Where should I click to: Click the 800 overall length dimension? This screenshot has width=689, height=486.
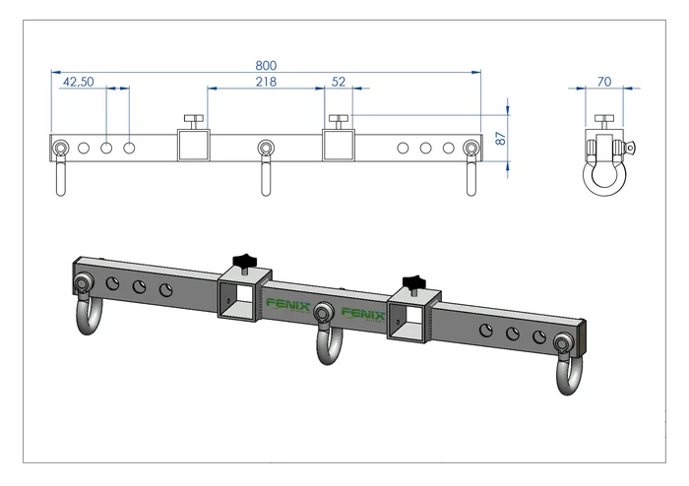[x=265, y=64]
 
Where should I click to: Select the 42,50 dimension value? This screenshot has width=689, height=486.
[x=78, y=83]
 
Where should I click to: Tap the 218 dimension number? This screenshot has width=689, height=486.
[x=265, y=83]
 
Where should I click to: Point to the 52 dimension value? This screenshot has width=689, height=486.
[x=339, y=83]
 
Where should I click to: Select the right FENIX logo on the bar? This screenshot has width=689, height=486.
[x=363, y=314]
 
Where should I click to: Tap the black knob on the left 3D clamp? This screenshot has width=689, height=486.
[x=244, y=262]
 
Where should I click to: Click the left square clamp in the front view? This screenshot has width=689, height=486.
[x=193, y=147]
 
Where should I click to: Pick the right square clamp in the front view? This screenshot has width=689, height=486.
[x=340, y=147]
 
